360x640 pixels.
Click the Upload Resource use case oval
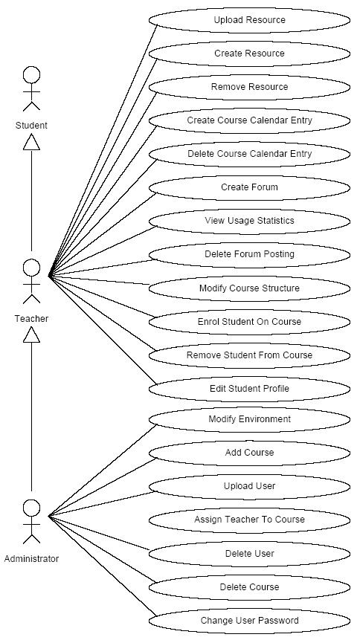point(249,20)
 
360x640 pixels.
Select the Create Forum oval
point(249,187)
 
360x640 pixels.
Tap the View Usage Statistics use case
point(249,221)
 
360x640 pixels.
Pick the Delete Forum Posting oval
point(249,254)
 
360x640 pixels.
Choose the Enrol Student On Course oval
point(249,322)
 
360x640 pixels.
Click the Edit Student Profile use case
point(249,389)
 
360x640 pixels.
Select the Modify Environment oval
point(249,419)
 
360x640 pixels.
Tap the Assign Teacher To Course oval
point(249,520)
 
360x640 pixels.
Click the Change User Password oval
point(249,621)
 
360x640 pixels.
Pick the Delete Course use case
point(249,587)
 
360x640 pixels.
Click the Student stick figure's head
point(31,76)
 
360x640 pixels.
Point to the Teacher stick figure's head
point(31,268)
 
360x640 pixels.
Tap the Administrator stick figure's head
point(31,508)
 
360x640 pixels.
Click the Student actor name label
point(31,126)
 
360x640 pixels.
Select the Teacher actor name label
point(31,319)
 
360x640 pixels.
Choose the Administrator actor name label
point(31,559)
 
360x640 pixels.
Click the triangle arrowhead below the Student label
point(31,143)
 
